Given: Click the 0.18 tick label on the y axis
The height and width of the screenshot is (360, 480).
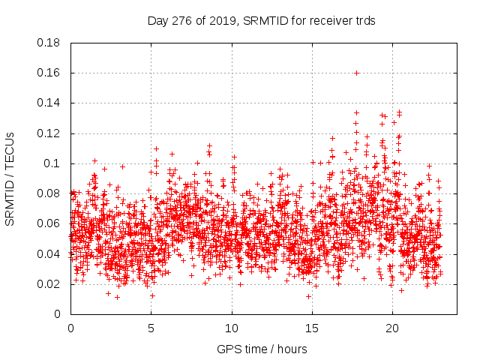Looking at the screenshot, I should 50,43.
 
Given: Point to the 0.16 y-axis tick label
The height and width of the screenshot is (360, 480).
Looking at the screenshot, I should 50,73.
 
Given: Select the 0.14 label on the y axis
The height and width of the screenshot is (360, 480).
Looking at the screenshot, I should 50,103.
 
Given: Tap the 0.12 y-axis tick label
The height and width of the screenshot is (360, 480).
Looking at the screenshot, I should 50,133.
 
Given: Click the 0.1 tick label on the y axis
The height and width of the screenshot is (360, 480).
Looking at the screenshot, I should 53,163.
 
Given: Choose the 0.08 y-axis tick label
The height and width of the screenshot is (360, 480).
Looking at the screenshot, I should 50,193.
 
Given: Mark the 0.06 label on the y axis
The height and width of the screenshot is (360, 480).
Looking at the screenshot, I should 50,223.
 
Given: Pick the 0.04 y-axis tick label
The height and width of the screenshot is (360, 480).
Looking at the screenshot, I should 50,253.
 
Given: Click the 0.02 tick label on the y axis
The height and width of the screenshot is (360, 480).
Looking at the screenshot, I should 50,284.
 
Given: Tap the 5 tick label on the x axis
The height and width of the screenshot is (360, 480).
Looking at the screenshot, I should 151,328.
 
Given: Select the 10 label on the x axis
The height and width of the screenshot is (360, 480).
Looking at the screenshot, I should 232,328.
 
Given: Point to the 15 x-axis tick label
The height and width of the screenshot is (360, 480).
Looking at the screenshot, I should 312,328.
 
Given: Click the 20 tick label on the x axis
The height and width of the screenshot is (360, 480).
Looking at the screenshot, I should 392,328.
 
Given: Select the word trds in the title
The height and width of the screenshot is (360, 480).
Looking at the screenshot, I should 365,21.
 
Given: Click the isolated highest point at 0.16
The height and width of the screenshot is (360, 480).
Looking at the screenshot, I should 357,73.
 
